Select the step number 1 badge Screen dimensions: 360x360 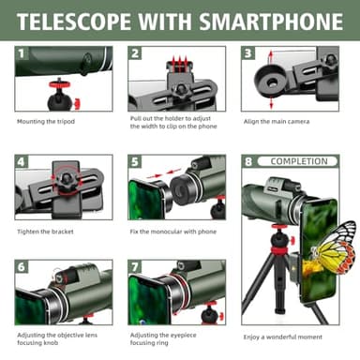tap(22, 53)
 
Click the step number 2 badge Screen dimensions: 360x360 tap(135, 54)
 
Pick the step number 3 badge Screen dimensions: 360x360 tap(248, 54)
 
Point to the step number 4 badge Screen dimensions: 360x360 tap(22, 161)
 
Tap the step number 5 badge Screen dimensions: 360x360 tap(135, 161)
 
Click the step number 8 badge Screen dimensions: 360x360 tap(248, 161)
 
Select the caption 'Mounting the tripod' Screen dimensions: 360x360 tap(45, 121)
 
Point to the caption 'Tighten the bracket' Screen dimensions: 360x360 tap(45, 231)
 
